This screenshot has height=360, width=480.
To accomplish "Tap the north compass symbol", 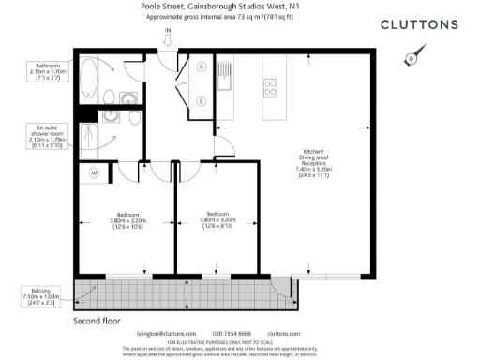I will click(411, 58).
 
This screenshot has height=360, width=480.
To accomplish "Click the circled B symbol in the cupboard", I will click(202, 67).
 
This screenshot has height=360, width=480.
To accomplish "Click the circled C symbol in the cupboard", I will click(202, 99).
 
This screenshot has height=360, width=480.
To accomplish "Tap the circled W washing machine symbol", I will click(94, 172).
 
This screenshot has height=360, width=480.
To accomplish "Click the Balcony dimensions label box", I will click(40, 298).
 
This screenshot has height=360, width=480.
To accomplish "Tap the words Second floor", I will click(98, 320).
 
